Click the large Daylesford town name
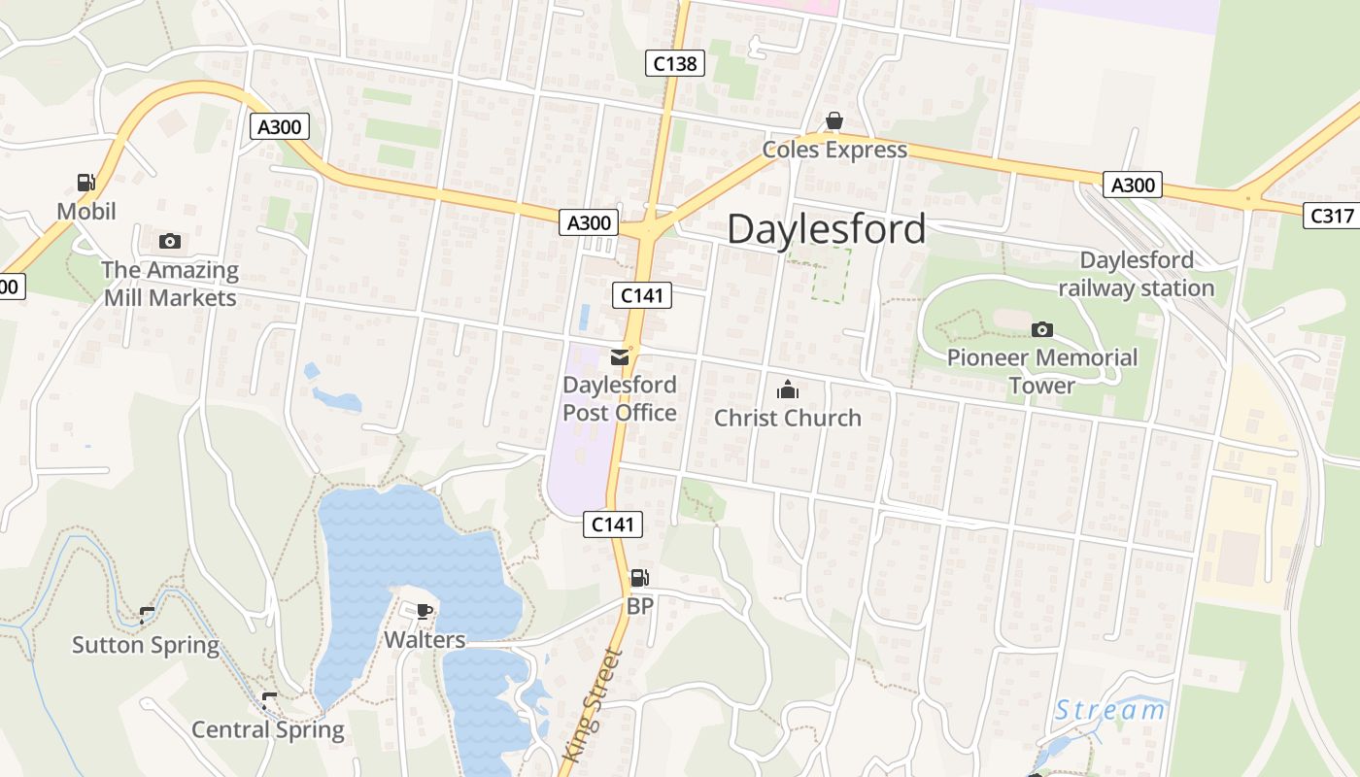point(826,229)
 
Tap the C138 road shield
point(674,64)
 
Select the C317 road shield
point(1331,216)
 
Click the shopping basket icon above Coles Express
point(833,120)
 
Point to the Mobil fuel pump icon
point(85,182)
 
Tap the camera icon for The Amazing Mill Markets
point(170,241)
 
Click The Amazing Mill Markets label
point(170,284)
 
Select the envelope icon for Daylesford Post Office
point(620,357)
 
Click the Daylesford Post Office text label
point(620,398)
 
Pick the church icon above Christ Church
point(787,390)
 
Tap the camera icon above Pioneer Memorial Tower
point(1041,330)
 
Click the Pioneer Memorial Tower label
point(1041,371)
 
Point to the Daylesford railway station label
point(1136,274)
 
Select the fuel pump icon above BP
point(638,578)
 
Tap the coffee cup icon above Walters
point(424,611)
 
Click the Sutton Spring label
point(146,645)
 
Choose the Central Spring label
point(267,729)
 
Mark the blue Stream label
point(1110,710)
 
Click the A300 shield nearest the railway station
point(1133,185)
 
